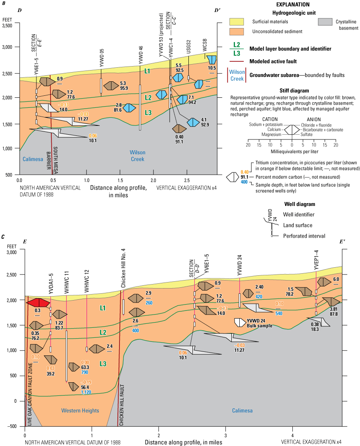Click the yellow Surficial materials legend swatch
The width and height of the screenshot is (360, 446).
[x=239, y=23]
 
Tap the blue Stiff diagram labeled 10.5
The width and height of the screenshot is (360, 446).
[x=211, y=60]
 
